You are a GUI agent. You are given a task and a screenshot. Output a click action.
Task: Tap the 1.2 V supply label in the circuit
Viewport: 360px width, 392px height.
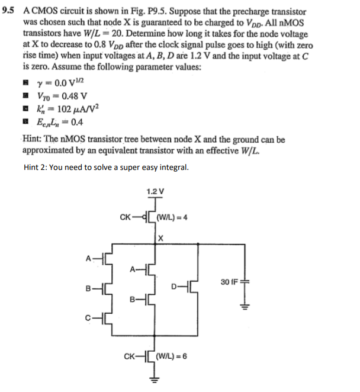155,191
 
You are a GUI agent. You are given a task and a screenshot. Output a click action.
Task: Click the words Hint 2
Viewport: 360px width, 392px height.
38,168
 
